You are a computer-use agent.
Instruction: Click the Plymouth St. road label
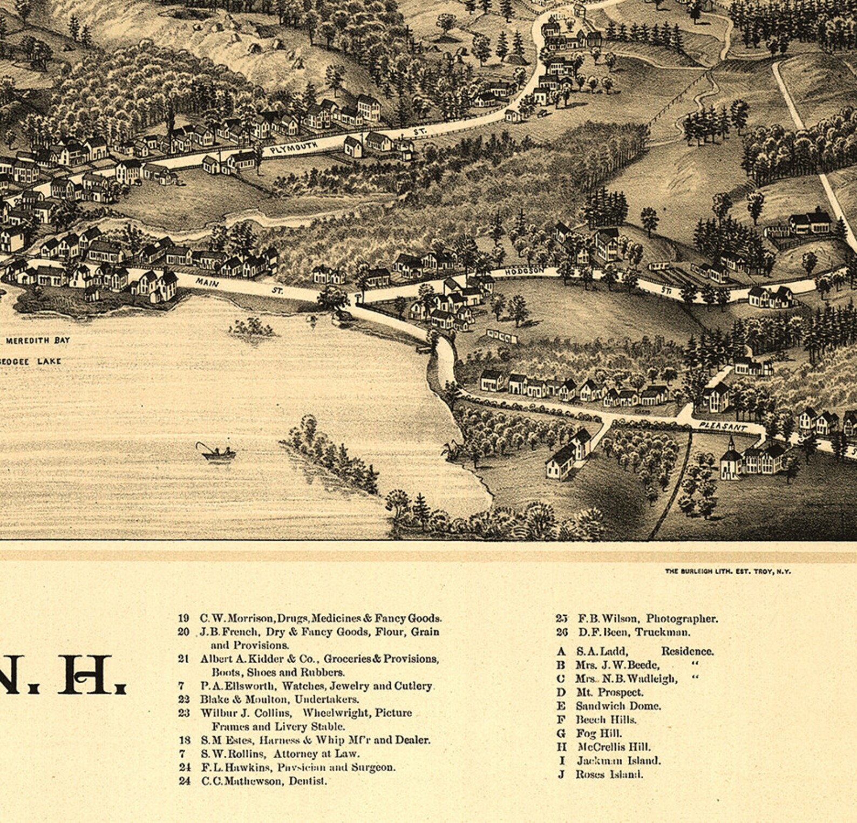tap(294, 147)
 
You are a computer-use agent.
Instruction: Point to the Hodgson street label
tap(525, 271)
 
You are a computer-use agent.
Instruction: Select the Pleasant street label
tap(723, 426)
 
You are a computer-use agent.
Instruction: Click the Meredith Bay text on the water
tap(38, 341)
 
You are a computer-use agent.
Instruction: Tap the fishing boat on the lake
tap(218, 453)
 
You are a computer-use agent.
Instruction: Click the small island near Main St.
tap(251, 327)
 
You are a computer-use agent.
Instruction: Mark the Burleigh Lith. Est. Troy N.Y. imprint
tap(727, 571)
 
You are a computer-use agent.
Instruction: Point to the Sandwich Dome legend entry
tap(618, 706)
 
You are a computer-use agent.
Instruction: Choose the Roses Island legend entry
tap(609, 774)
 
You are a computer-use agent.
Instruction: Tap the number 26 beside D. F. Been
tap(562, 632)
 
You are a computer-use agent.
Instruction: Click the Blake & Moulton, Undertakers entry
tap(279, 699)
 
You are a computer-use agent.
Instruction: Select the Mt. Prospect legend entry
tap(609, 692)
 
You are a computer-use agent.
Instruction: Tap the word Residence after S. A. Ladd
tap(687, 651)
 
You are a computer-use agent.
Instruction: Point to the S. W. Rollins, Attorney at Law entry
tap(280, 754)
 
